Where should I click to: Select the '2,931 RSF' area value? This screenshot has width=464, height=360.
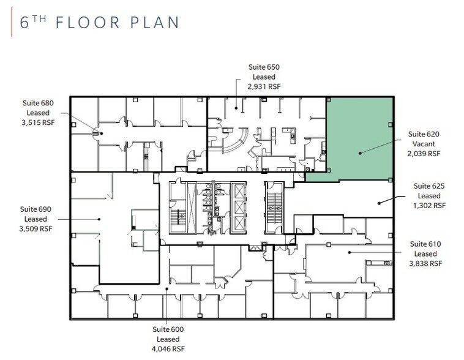[264, 88]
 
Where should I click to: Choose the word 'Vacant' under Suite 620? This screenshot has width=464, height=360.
[424, 144]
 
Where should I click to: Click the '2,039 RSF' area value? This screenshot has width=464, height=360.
[424, 154]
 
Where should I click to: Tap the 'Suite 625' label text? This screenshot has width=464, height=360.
[430, 186]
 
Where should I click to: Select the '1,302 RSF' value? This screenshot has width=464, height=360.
[430, 206]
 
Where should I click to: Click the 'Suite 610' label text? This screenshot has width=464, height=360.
[425, 243]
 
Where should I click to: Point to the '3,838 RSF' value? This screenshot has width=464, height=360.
[425, 264]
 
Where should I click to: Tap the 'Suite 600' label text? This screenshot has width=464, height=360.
[168, 329]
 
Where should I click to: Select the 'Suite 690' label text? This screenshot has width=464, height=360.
[37, 209]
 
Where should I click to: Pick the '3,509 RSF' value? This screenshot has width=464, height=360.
[37, 230]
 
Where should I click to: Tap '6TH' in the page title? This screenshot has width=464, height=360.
[33, 23]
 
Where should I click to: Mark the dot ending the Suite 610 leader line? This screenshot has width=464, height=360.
[349, 252]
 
